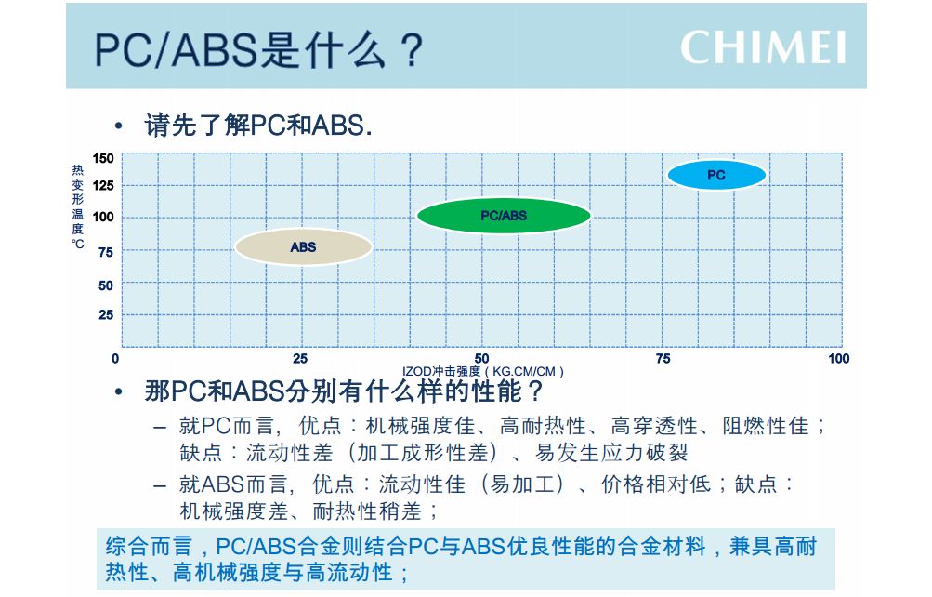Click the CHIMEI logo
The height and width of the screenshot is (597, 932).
(763, 47)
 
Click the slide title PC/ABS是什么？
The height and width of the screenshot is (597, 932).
(258, 49)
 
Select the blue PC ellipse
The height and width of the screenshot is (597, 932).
(716, 175)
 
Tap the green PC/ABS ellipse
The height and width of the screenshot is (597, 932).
(504, 215)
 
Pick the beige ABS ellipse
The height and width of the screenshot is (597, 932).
(303, 246)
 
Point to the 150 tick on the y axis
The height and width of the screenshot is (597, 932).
(103, 158)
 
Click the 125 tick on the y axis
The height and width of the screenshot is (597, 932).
(103, 186)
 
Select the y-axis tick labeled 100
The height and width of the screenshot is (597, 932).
(103, 217)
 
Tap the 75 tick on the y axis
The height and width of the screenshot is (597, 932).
(106, 252)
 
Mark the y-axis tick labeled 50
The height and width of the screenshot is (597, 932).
(106, 285)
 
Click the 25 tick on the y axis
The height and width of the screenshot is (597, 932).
(106, 314)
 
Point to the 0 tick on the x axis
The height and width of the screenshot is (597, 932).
(115, 359)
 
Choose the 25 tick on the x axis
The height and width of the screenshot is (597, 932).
(300, 359)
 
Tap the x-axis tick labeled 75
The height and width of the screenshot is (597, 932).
(663, 359)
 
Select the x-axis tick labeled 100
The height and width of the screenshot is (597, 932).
(839, 359)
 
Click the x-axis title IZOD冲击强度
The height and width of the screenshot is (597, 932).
(441, 372)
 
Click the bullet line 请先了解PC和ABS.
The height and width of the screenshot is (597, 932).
(258, 126)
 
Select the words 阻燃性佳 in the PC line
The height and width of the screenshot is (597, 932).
(766, 426)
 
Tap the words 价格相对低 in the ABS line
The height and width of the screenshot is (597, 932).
(656, 484)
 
